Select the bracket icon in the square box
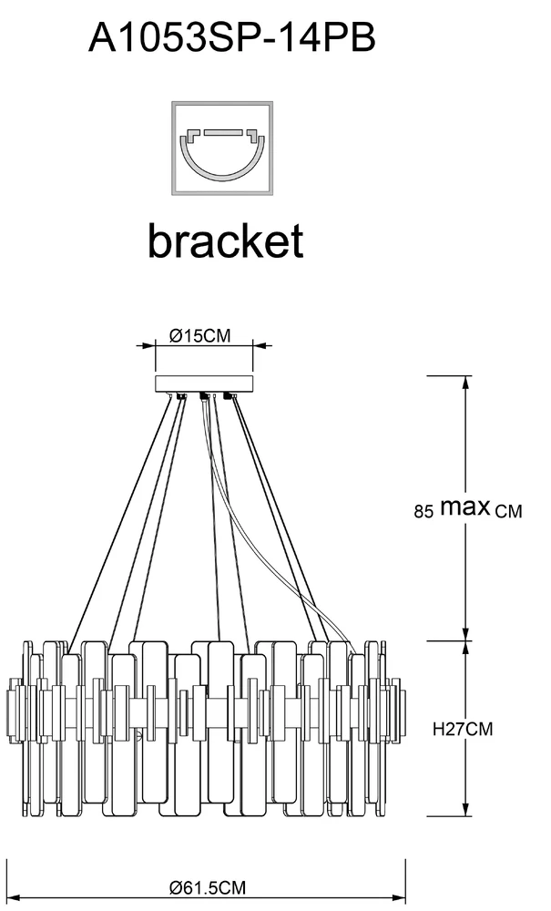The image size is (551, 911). [x=223, y=148]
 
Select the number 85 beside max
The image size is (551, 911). [x=423, y=512]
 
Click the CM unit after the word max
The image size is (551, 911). [x=509, y=512]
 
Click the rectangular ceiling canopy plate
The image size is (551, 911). [x=204, y=384]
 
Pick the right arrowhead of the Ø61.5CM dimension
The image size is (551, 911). [x=403, y=868]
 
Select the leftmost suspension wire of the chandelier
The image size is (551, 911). [x=118, y=519]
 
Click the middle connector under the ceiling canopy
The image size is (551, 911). [x=204, y=396]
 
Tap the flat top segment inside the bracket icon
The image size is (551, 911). [x=223, y=133]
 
